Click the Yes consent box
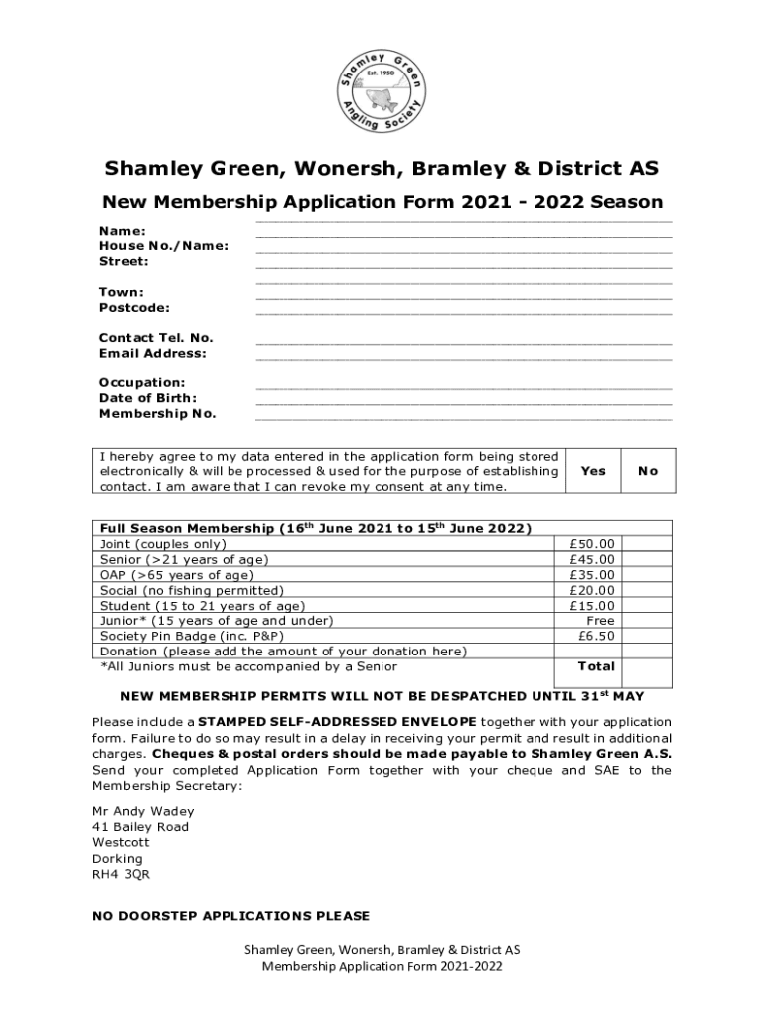[x=592, y=471]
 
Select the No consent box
[x=648, y=471]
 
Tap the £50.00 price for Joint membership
[x=592, y=544]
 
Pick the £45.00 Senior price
[x=592, y=559]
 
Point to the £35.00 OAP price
[x=592, y=575]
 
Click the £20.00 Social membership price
[x=592, y=590]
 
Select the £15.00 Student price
[x=592, y=605]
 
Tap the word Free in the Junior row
[x=600, y=621]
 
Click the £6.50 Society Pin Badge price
[x=596, y=636]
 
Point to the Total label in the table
[x=596, y=666]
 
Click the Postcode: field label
[x=134, y=308]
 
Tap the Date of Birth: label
[x=148, y=398]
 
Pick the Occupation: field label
[x=142, y=382]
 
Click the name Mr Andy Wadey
[x=143, y=811]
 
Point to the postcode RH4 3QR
[x=121, y=875]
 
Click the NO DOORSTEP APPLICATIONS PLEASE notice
[x=230, y=916]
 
